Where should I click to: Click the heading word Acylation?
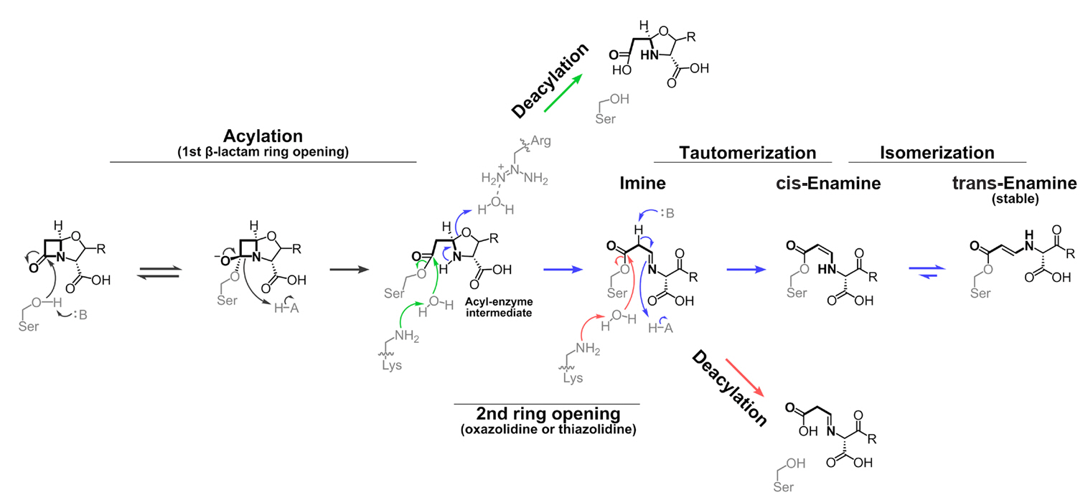(x=263, y=136)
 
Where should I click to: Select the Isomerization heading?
(x=937, y=153)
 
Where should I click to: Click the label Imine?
(x=642, y=184)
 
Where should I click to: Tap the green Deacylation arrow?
(x=563, y=95)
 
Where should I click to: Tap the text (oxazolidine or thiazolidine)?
(x=548, y=430)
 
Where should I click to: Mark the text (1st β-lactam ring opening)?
(x=263, y=151)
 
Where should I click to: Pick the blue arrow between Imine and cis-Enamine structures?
(x=747, y=270)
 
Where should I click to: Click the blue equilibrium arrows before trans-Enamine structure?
(x=927, y=270)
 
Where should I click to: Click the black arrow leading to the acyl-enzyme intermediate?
(x=350, y=270)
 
